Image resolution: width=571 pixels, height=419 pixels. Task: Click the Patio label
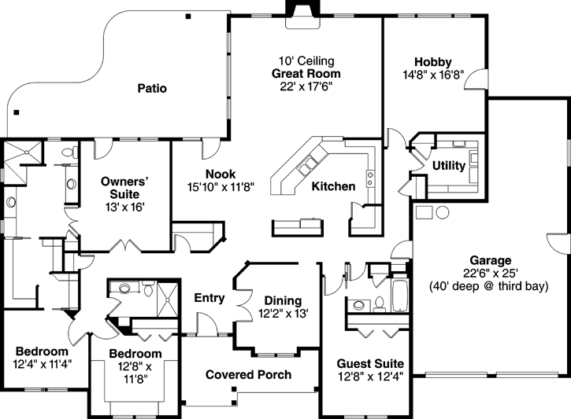(152, 88)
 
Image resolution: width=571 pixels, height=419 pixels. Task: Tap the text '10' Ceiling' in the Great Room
(306, 61)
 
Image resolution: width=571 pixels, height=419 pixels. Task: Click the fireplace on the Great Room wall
(300, 13)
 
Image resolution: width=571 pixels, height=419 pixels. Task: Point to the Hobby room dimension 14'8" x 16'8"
(432, 75)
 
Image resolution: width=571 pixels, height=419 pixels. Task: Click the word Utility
(448, 165)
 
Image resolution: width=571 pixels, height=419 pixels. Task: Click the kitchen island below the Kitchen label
(298, 226)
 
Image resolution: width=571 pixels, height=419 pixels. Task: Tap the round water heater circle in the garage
(441, 212)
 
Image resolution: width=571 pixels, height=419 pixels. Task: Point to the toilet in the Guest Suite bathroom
(379, 302)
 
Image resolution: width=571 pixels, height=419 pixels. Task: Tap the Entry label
(209, 298)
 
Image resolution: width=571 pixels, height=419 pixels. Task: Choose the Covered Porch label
(248, 374)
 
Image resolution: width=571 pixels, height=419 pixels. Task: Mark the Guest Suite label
(370, 363)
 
